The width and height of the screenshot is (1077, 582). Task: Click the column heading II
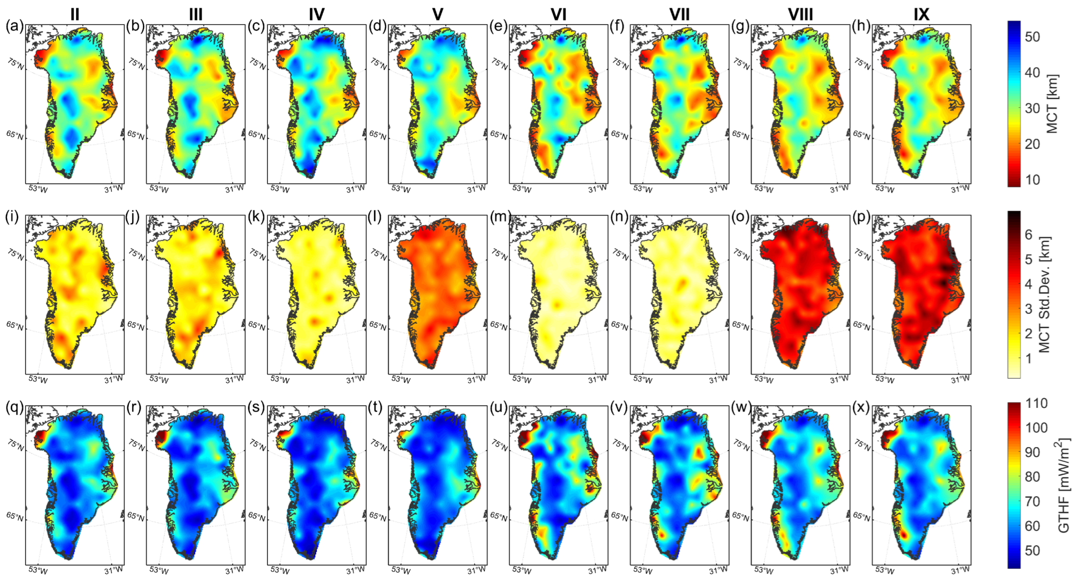point(75,15)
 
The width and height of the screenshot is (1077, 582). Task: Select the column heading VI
point(558,15)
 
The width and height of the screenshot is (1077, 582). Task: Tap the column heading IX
point(921,15)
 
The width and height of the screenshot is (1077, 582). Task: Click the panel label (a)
point(14,26)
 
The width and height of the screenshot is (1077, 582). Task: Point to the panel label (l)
point(377,216)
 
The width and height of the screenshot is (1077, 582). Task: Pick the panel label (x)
point(861,407)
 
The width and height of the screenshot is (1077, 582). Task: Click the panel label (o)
point(740,216)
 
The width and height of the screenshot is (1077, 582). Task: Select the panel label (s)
point(256,407)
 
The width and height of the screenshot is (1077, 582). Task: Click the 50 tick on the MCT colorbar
point(1032,37)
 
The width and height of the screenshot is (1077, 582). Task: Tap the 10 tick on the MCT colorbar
point(1032,180)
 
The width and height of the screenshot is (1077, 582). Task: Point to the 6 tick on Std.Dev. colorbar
point(1028,235)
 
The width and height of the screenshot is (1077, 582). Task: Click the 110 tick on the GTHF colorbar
point(1036,403)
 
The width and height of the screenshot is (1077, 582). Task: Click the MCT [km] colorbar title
point(1052,104)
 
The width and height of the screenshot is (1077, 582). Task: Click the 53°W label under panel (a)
point(38,189)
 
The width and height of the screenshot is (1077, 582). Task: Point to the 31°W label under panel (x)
point(960,570)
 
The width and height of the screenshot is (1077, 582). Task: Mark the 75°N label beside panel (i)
point(16,254)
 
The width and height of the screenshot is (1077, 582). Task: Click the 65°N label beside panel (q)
point(15,517)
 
